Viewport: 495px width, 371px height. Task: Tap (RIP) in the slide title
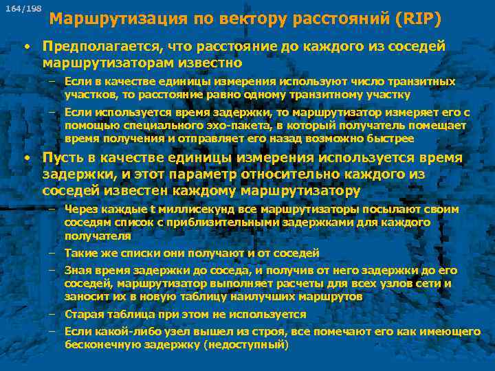tap(419, 19)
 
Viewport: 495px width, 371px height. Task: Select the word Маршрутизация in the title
tap(108, 19)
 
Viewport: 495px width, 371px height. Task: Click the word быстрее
tap(390, 138)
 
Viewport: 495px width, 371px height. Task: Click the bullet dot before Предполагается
tap(25, 47)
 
